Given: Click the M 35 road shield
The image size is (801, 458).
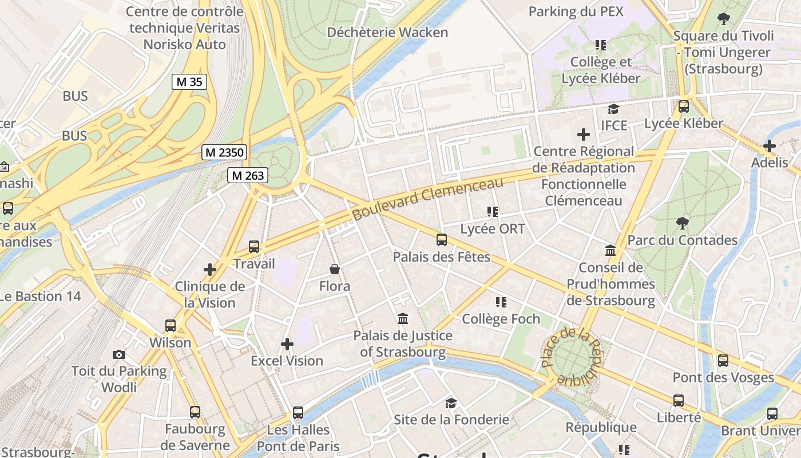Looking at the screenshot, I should [x=189, y=82].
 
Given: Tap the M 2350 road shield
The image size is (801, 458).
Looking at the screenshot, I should [x=225, y=153].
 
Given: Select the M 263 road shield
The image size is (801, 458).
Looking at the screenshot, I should [x=248, y=176].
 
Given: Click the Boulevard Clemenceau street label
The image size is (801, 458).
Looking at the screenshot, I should [x=427, y=199].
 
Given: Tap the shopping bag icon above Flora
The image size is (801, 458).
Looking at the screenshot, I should [x=335, y=269].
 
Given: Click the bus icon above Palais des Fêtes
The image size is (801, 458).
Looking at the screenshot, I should [x=441, y=240].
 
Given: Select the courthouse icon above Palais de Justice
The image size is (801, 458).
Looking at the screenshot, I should [x=403, y=318].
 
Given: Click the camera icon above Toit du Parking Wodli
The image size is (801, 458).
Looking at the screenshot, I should [x=119, y=354].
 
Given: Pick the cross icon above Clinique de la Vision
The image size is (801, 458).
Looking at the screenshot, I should [x=210, y=269].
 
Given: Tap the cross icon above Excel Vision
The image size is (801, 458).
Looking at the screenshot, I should [x=287, y=344].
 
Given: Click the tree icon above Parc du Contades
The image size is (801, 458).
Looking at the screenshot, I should [x=682, y=223].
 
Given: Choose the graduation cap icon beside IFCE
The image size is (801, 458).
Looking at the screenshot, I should [x=614, y=109].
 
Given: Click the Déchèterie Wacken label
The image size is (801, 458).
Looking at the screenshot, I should [x=387, y=33].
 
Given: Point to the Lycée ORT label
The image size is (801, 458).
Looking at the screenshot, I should [x=493, y=229].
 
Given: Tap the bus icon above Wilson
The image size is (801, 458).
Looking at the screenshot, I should [x=170, y=326].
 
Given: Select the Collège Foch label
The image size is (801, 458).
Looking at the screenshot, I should [x=501, y=319].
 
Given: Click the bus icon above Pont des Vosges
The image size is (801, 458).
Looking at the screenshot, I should [x=723, y=361].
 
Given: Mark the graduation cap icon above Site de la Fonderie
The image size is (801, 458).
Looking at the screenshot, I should [x=451, y=403].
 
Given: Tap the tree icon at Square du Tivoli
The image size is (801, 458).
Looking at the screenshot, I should [x=724, y=18].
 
